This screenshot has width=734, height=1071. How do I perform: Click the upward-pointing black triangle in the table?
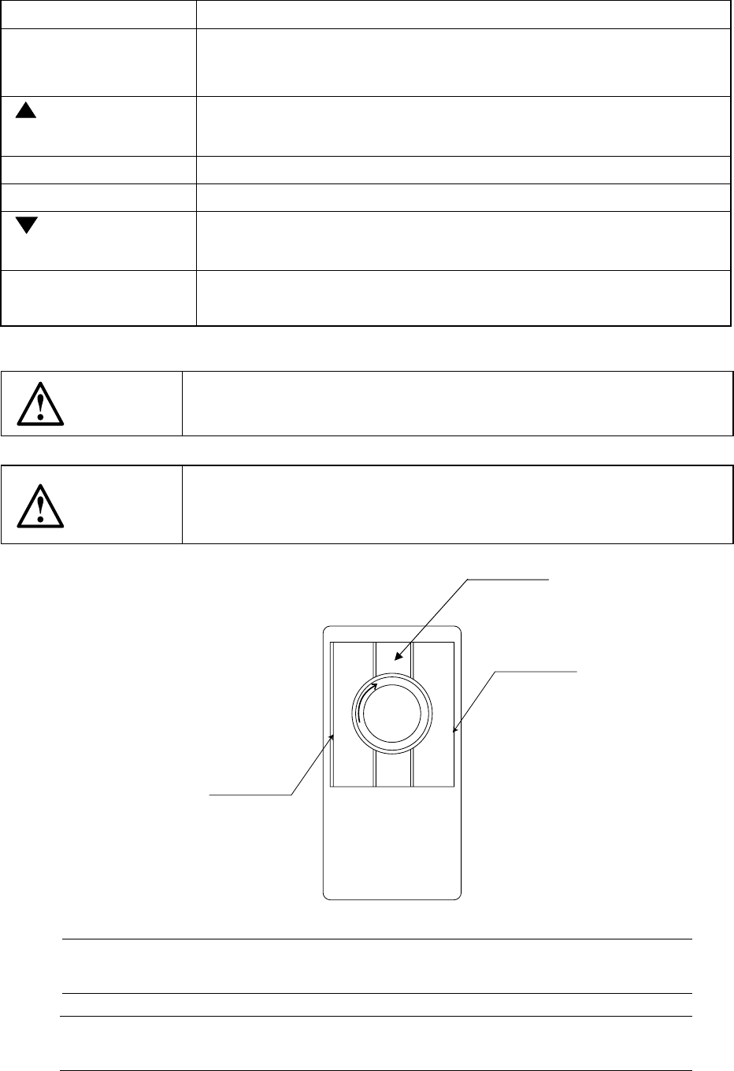click(26, 111)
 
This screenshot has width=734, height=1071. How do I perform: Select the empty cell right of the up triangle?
click(462, 126)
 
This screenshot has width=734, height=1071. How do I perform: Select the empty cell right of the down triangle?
click(462, 240)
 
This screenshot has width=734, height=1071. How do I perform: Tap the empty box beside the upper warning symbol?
click(457, 402)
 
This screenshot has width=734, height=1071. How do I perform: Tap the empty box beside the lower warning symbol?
click(457, 504)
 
